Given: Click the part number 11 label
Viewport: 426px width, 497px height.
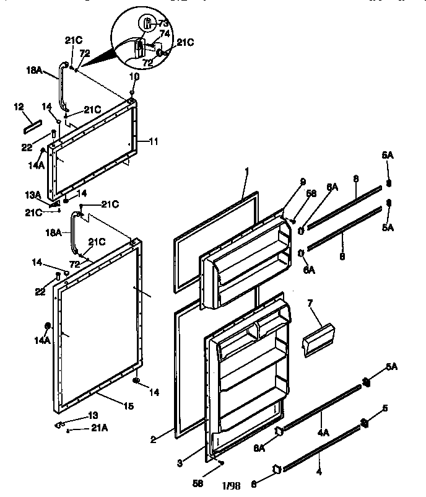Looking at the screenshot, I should pyautogui.click(x=154, y=141).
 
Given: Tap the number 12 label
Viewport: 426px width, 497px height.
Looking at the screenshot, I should pyautogui.click(x=18, y=107).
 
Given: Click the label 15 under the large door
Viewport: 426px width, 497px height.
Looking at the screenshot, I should pyautogui.click(x=128, y=406).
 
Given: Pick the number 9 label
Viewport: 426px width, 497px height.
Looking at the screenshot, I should pyautogui.click(x=304, y=181).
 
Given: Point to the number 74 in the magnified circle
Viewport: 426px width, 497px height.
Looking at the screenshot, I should pyautogui.click(x=165, y=33).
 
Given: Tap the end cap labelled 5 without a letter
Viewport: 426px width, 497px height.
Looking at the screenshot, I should pyautogui.click(x=364, y=424).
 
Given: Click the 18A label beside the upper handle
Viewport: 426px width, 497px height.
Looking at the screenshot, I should pyautogui.click(x=34, y=71).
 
